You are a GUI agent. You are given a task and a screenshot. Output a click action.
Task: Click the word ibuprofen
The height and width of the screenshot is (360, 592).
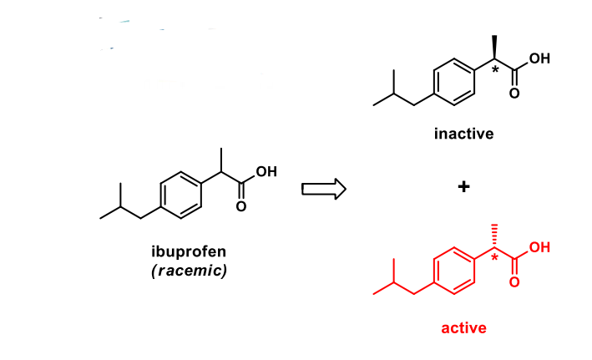187,252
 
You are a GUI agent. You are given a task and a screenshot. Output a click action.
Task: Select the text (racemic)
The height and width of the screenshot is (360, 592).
189,271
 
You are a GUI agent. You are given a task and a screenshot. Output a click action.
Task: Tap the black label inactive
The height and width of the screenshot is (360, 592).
464,134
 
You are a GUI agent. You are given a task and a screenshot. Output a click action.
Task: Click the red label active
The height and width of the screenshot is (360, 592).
463,327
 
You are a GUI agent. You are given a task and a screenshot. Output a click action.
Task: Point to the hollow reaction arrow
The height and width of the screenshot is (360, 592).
323,189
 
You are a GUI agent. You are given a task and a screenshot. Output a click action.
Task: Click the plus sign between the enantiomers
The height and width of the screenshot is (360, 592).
463,188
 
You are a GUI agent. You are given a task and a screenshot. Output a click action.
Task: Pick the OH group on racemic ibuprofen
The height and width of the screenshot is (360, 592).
265,172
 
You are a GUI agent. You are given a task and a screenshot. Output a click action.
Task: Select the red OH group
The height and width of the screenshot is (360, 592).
539,248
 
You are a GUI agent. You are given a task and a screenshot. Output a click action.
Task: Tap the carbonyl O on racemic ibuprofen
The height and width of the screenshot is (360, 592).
242,206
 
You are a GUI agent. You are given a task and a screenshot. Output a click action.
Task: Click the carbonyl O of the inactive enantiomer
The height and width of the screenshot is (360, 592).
515,92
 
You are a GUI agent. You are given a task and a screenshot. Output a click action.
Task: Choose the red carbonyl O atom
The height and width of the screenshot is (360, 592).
515,282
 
